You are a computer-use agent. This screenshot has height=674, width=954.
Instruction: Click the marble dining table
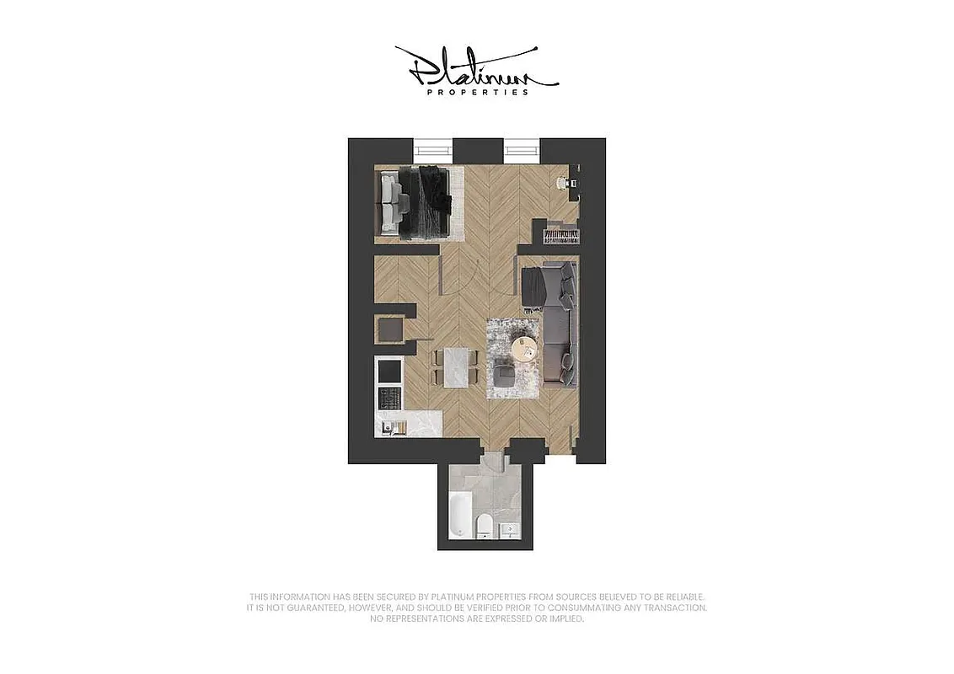pos(455,367)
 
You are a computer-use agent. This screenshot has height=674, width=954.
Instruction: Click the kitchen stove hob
pos(390,396)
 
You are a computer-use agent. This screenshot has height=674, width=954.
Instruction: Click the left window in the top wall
pos(432,150)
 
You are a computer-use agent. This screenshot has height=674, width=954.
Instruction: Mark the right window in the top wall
pos(522,150)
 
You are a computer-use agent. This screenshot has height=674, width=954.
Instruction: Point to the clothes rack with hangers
pos(561,234)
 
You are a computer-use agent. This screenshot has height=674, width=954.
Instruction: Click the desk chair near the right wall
pos(561,183)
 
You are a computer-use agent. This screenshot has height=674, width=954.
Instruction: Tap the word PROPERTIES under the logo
pos(478,92)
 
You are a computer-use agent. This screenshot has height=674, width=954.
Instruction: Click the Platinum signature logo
pos(476,67)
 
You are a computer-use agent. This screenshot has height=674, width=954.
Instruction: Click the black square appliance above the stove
pos(390,369)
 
